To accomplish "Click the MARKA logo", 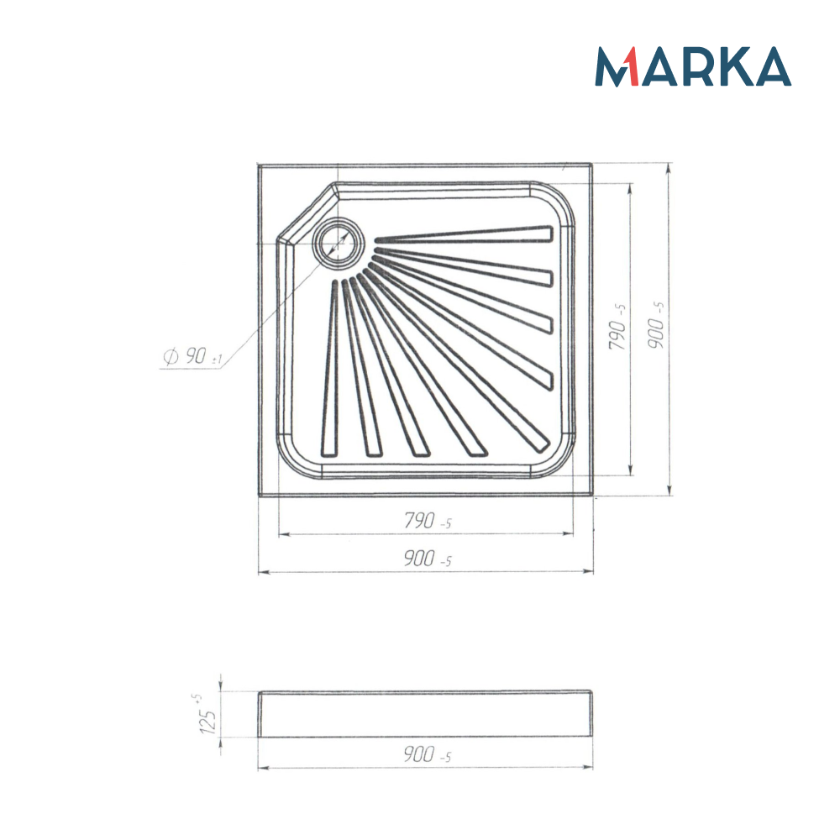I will tap(693, 66).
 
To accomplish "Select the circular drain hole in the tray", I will tap(339, 241).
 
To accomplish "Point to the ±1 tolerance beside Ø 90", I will tap(216, 360).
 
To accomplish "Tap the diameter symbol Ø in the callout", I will tap(169, 357).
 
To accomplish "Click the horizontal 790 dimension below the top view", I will tap(427, 522).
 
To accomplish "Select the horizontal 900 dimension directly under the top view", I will tap(427, 560).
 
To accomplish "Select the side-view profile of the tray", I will tap(425, 714).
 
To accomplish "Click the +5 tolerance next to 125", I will tap(197, 698).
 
